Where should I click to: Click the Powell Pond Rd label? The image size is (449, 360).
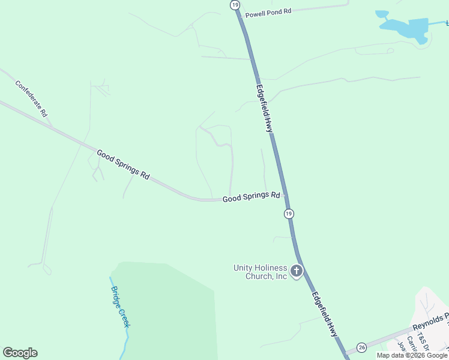pyautogui.click(x=268, y=12)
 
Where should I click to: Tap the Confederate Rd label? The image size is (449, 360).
pyautogui.click(x=31, y=98)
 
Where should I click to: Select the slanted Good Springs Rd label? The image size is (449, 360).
pyautogui.click(x=123, y=164)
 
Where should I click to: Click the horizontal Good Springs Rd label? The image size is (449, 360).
pyautogui.click(x=252, y=196)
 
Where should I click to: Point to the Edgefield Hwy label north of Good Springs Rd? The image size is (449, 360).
pyautogui.click(x=265, y=108)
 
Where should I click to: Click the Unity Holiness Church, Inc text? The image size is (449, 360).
pyautogui.click(x=260, y=272)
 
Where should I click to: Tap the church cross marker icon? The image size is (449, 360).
pyautogui.click(x=296, y=272)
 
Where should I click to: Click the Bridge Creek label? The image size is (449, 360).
pyautogui.click(x=120, y=306)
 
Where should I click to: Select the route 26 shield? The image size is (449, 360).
pyautogui.click(x=361, y=347)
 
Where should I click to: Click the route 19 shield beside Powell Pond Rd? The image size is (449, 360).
pyautogui.click(x=234, y=5)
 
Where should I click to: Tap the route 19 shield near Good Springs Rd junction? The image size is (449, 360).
pyautogui.click(x=289, y=214)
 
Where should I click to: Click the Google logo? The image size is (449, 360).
pyautogui.click(x=20, y=353)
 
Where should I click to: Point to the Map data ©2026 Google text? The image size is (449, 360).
pyautogui.click(x=412, y=355)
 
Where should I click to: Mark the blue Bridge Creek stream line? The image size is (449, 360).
pyautogui.click(x=126, y=342)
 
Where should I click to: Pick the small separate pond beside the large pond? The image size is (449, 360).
pyautogui.click(x=382, y=14)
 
